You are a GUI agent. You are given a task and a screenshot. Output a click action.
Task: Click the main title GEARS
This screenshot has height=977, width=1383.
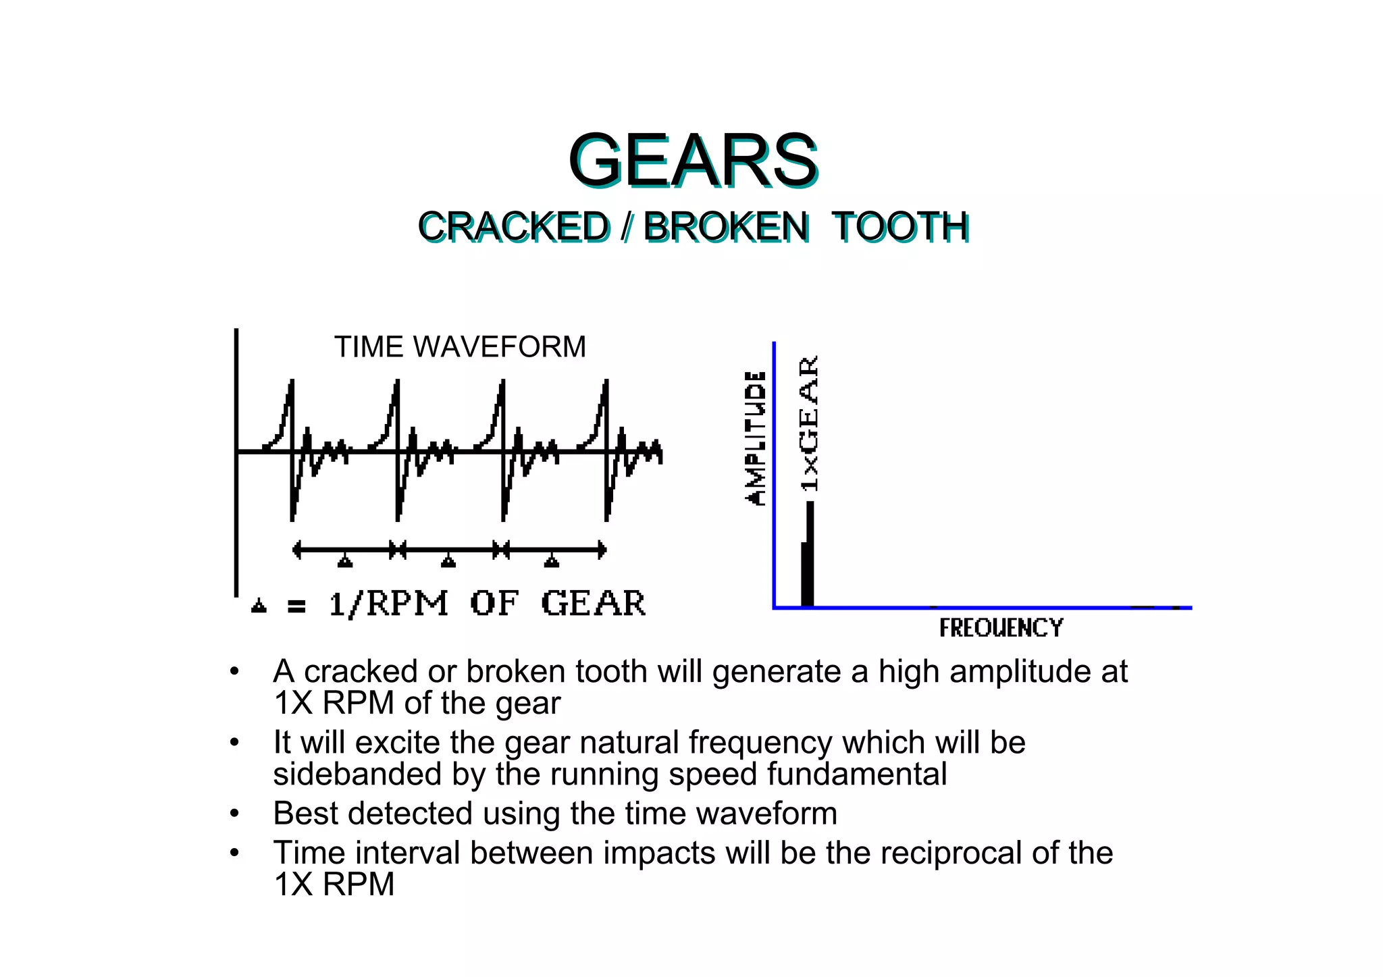click(693, 161)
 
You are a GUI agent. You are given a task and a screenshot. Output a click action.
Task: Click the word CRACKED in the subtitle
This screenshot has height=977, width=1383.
click(513, 226)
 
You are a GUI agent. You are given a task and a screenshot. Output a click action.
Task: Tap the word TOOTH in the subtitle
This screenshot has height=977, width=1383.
click(900, 226)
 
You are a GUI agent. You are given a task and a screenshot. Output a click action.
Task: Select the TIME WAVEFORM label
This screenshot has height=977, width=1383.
click(460, 347)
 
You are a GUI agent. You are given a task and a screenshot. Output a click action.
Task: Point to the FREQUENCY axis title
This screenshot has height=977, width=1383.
click(1001, 628)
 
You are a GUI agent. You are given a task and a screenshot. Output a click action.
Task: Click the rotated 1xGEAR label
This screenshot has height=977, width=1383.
click(809, 423)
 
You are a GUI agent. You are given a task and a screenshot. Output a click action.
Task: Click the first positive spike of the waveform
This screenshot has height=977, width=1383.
click(290, 405)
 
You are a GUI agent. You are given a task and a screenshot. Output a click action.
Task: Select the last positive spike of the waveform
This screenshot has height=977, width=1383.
click(605, 405)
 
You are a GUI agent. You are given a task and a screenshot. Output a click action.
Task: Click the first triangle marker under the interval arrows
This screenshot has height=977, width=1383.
click(345, 560)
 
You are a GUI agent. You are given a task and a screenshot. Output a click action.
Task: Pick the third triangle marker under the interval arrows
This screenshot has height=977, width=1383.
click(552, 560)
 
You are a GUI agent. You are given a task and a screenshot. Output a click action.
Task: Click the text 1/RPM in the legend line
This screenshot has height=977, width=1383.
click(388, 604)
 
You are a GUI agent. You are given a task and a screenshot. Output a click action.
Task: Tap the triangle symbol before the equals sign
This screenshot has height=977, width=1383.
click(259, 606)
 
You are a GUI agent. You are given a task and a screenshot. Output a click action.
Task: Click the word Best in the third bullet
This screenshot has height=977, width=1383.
click(305, 813)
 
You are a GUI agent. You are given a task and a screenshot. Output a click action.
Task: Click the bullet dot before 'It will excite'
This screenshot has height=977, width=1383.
click(234, 743)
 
